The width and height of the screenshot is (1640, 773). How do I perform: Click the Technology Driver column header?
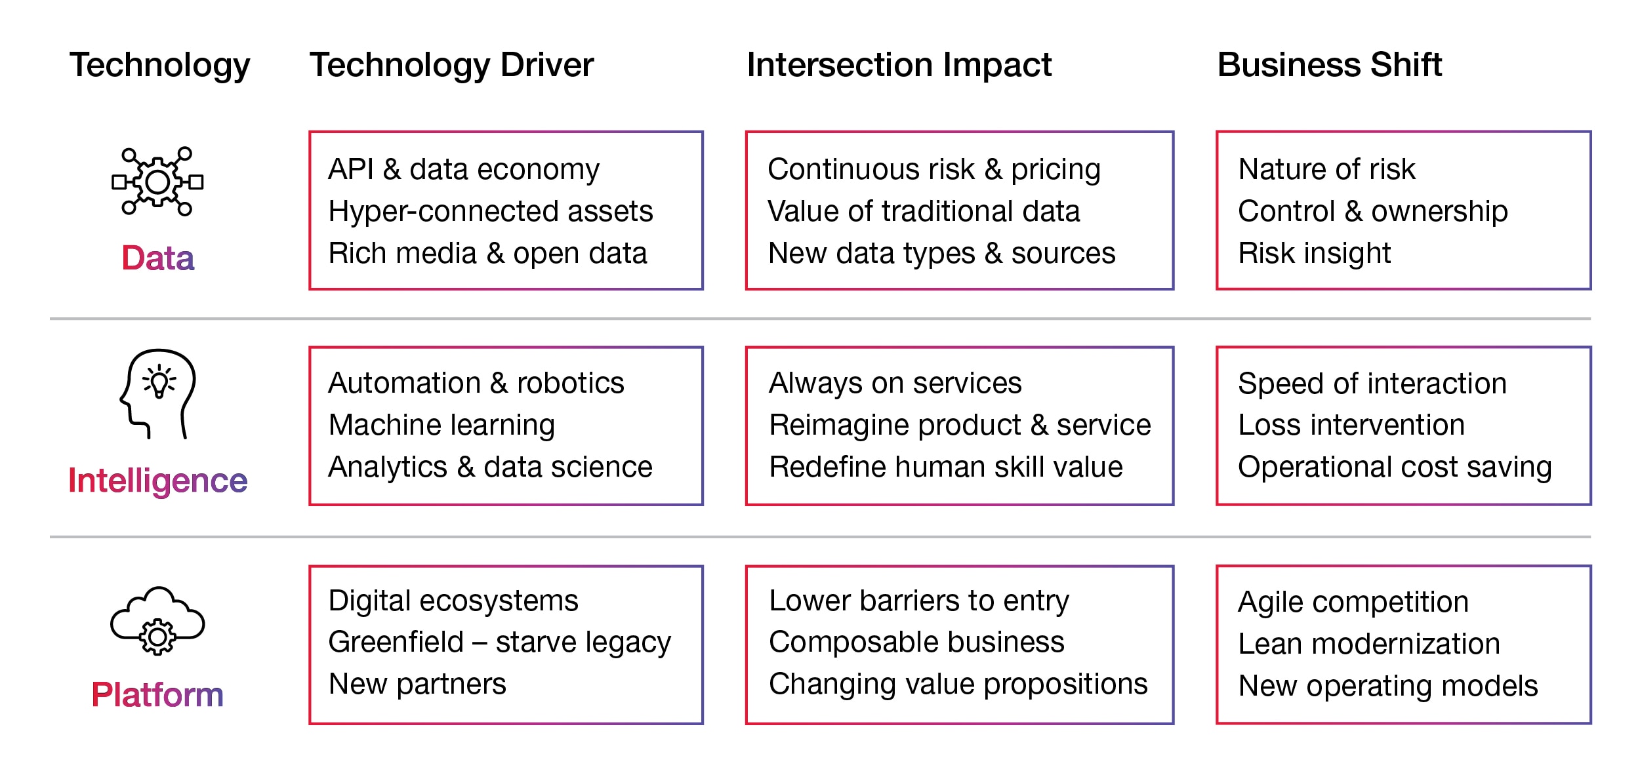click(x=451, y=66)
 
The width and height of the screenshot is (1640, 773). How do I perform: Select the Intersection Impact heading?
click(x=899, y=65)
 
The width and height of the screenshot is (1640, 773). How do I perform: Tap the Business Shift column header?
click(x=1330, y=65)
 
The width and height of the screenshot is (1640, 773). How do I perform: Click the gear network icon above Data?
click(x=157, y=182)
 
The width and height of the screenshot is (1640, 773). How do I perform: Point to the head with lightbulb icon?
click(x=157, y=393)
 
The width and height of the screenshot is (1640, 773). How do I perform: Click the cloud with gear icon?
click(x=157, y=620)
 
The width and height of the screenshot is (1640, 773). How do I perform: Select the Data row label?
click(x=158, y=258)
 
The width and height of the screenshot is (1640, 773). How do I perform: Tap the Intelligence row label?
click(x=158, y=481)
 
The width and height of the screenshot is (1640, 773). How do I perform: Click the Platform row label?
click(x=157, y=694)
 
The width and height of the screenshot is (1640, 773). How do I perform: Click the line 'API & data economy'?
click(x=464, y=169)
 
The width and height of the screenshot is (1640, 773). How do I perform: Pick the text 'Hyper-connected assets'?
click(x=491, y=212)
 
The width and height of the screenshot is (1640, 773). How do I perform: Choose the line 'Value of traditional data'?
click(x=924, y=211)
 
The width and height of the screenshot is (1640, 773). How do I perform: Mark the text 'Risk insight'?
click(x=1315, y=254)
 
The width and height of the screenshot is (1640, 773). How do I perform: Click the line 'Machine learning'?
click(x=441, y=426)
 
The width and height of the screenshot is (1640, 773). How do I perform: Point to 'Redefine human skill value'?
click(x=946, y=467)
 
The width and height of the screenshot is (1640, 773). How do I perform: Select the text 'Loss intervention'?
click(x=1351, y=425)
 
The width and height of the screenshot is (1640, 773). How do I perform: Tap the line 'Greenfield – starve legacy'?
click(x=500, y=643)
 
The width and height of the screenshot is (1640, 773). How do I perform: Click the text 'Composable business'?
click(x=916, y=642)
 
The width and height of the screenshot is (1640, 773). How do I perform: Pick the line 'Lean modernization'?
click(x=1369, y=644)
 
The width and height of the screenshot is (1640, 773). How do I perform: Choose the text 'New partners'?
click(x=417, y=684)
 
